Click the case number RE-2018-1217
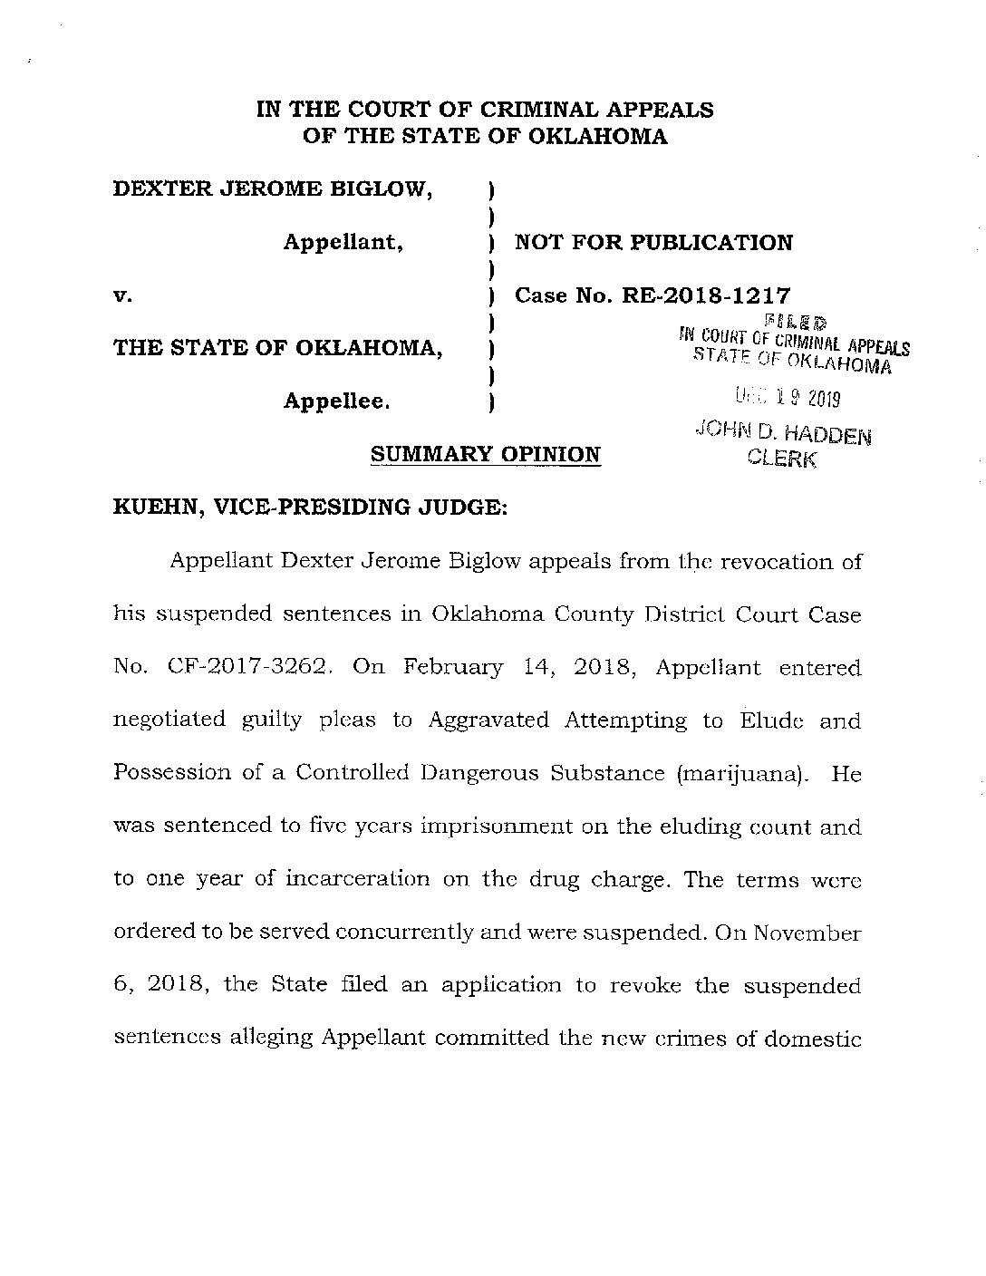[704, 295]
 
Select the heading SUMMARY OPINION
[486, 454]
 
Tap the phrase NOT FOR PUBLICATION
[653, 243]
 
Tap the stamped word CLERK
[781, 459]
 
